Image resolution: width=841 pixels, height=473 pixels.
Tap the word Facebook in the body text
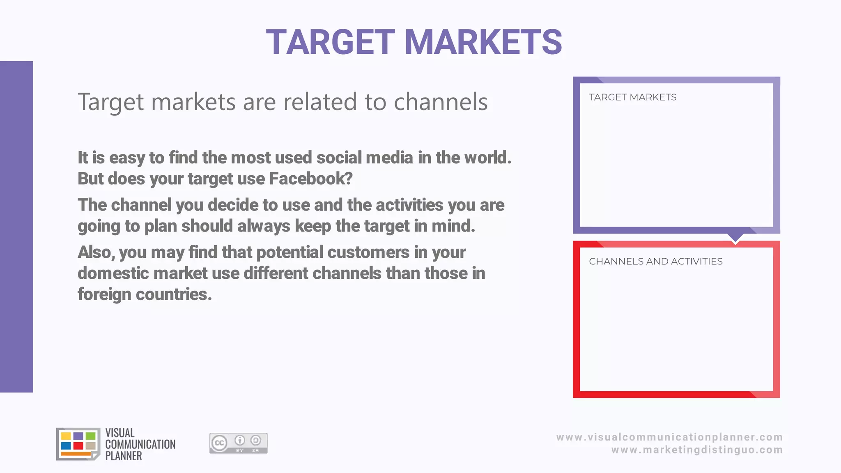[310, 179]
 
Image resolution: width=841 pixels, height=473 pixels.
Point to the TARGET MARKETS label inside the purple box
[632, 97]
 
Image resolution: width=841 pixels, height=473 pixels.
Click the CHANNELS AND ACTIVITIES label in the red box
[655, 262]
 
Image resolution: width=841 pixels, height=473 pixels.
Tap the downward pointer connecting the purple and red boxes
[735, 238]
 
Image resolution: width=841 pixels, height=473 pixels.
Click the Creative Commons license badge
[238, 443]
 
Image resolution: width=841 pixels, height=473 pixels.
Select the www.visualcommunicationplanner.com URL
[669, 437]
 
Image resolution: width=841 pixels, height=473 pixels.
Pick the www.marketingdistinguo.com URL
[697, 450]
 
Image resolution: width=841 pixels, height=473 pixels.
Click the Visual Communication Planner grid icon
[78, 444]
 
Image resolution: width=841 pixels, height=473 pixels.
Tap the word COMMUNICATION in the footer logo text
[140, 444]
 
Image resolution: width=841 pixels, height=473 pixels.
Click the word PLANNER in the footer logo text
[124, 456]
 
